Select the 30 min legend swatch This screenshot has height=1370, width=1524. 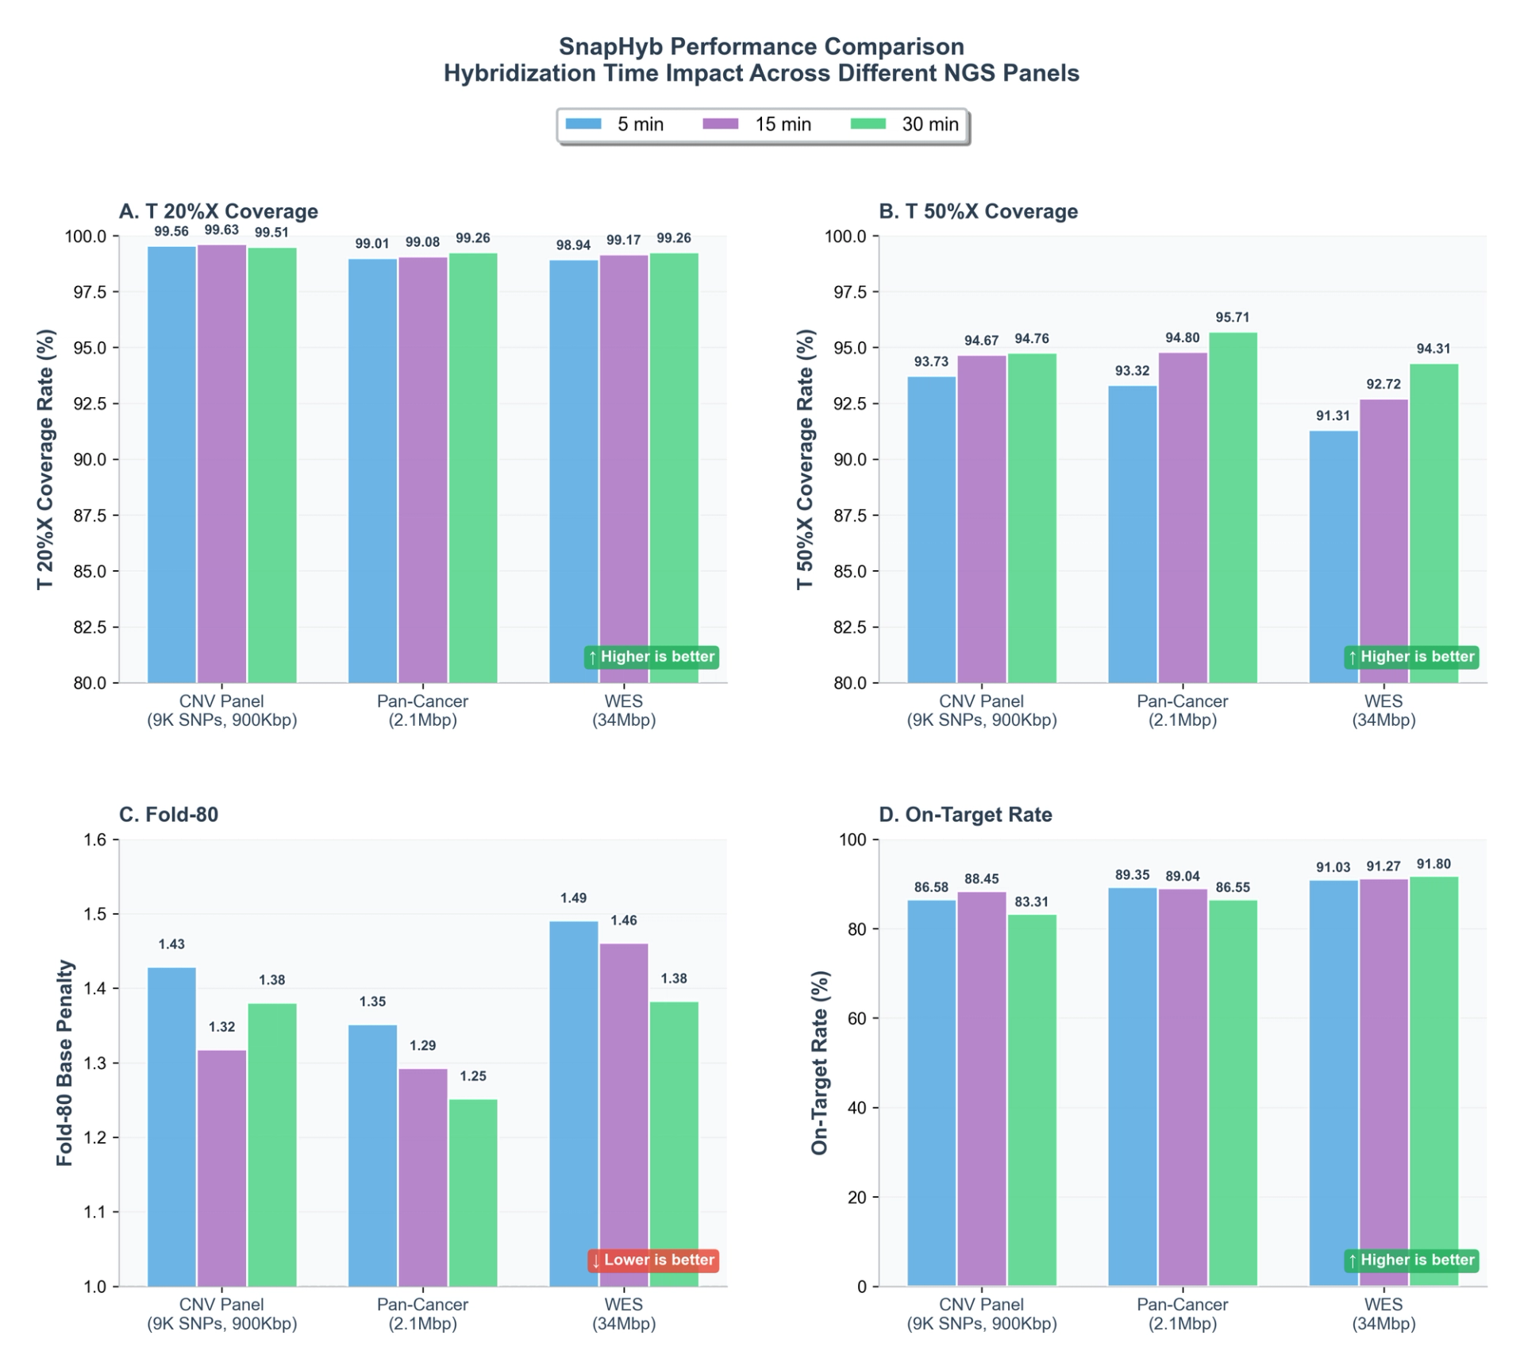868,125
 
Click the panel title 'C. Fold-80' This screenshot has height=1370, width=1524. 168,815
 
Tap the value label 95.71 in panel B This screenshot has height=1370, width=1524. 1232,318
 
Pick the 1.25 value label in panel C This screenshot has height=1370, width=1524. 473,1077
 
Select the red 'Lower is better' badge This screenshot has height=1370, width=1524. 653,1260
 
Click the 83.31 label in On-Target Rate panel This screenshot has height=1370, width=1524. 1031,902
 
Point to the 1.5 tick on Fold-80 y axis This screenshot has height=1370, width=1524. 95,914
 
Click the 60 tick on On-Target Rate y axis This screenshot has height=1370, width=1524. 858,1019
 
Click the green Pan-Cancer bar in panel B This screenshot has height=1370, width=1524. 1233,508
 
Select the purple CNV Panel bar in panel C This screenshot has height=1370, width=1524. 222,1167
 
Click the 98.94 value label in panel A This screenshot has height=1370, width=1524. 573,245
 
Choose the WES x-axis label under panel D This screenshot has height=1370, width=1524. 1384,1305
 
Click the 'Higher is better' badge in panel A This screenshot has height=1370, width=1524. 652,658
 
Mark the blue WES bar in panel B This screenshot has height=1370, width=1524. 1333,556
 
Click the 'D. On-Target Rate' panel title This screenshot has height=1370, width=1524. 965,815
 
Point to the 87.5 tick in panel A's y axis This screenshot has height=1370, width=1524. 90,515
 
